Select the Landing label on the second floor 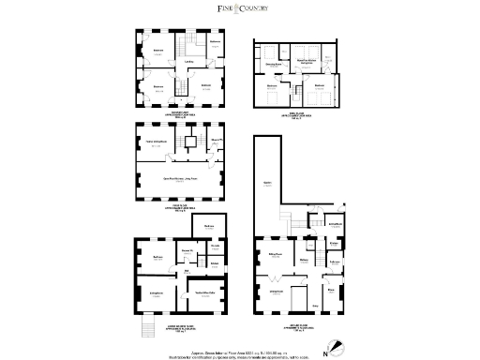tap(188, 64)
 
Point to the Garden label tap(267, 183)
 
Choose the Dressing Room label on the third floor tap(275, 64)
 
